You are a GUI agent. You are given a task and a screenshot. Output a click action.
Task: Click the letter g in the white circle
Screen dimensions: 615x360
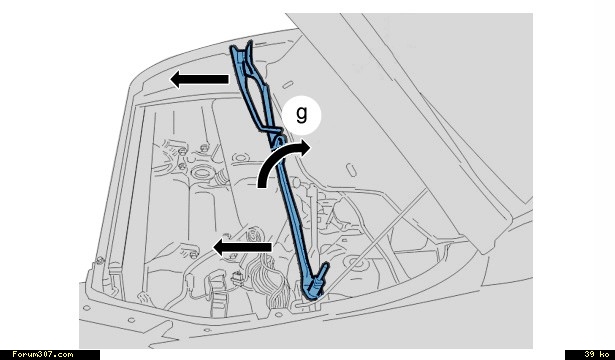(x=301, y=115)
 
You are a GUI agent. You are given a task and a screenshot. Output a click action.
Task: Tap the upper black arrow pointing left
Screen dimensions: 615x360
(x=199, y=79)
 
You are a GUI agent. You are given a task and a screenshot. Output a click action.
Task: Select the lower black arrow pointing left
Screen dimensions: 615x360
(x=242, y=247)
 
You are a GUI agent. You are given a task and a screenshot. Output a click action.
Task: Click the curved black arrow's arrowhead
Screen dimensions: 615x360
(x=303, y=148)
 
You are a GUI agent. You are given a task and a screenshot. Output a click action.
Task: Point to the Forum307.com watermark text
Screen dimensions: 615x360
(x=42, y=354)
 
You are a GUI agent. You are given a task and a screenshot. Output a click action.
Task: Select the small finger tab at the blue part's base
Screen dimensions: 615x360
(x=324, y=271)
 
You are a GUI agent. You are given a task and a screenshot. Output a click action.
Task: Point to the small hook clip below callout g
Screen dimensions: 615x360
(x=278, y=140)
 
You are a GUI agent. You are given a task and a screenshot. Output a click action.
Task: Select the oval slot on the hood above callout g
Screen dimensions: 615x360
(x=288, y=84)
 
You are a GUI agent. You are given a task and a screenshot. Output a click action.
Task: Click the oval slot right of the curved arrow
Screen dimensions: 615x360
(x=352, y=170)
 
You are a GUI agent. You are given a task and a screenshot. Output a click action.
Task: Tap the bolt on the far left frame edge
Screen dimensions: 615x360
(x=100, y=260)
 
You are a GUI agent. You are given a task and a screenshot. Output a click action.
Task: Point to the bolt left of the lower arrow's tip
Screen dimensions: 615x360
(x=193, y=255)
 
